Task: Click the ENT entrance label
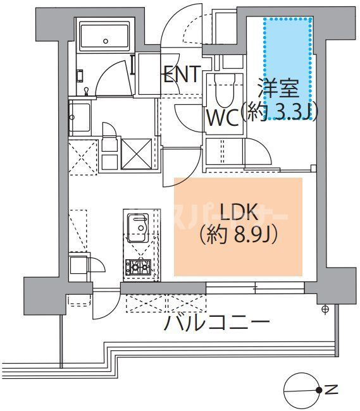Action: pos(182,76)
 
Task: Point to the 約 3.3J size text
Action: pos(282,111)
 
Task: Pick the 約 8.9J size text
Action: pos(239,236)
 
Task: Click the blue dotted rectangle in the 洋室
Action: pos(288,68)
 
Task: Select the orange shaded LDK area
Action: pos(238,226)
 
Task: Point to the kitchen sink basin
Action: pos(137,227)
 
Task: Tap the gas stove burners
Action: pos(137,268)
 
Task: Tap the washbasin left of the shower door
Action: pos(79,118)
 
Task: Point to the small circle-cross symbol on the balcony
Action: pos(325,309)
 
